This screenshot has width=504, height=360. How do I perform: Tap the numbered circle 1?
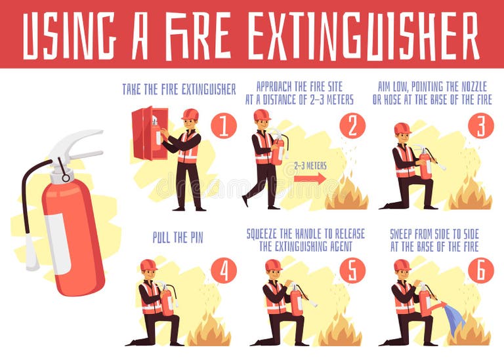pyautogui.click(x=224, y=125)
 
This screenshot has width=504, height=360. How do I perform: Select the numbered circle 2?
pyautogui.click(x=352, y=125)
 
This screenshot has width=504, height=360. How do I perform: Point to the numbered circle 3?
pyautogui.click(x=480, y=125)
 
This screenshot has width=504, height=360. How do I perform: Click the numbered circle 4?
pyautogui.click(x=224, y=270)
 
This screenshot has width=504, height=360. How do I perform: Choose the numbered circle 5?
pyautogui.click(x=352, y=270)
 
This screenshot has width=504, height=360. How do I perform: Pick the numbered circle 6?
pyautogui.click(x=480, y=270)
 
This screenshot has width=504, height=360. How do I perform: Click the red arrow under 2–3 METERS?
pyautogui.click(x=309, y=178)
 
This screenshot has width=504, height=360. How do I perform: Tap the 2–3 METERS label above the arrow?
pyautogui.click(x=309, y=166)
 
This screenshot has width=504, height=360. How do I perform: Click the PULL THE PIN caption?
pyautogui.click(x=178, y=238)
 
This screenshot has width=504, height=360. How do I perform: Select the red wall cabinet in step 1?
pyautogui.click(x=149, y=134)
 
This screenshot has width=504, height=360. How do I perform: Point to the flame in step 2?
pyautogui.click(x=346, y=194)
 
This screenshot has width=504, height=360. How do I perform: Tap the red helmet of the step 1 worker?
pyautogui.click(x=190, y=115)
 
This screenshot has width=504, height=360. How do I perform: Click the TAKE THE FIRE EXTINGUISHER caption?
pyautogui.click(x=178, y=90)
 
